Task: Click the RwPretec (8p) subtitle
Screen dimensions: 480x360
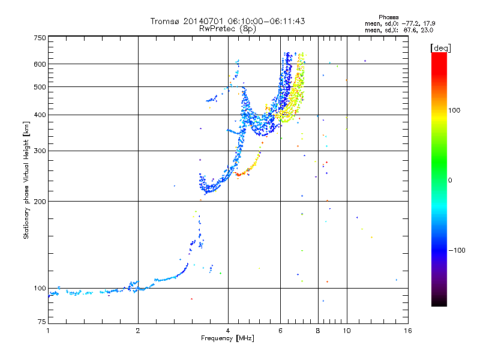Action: pos(227,29)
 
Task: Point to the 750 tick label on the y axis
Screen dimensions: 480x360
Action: pos(40,38)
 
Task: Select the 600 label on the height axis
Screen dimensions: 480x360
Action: pos(40,64)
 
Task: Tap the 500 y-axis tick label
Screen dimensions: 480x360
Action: pos(40,87)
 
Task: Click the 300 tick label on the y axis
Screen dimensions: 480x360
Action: pos(40,151)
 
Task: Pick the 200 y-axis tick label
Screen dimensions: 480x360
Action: pos(40,202)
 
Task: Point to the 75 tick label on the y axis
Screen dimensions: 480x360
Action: pos(42,322)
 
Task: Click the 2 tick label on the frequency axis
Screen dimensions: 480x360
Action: pos(138,331)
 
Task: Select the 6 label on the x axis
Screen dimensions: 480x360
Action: pos(280,331)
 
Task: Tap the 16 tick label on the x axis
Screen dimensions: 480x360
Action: pos(408,331)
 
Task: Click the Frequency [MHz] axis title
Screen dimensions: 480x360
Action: pos(227,338)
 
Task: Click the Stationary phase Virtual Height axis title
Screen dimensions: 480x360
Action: pos(26,181)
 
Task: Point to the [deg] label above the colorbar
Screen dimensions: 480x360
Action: pos(440,48)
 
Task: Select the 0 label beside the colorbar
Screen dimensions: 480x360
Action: pos(450,181)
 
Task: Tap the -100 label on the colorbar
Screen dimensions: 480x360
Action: pos(457,250)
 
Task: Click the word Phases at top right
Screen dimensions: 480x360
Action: pos(389,17)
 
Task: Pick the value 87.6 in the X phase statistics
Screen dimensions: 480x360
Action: pos(410,31)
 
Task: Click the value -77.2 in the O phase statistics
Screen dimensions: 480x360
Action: pos(410,23)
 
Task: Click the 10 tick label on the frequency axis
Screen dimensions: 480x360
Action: pos(347,331)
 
